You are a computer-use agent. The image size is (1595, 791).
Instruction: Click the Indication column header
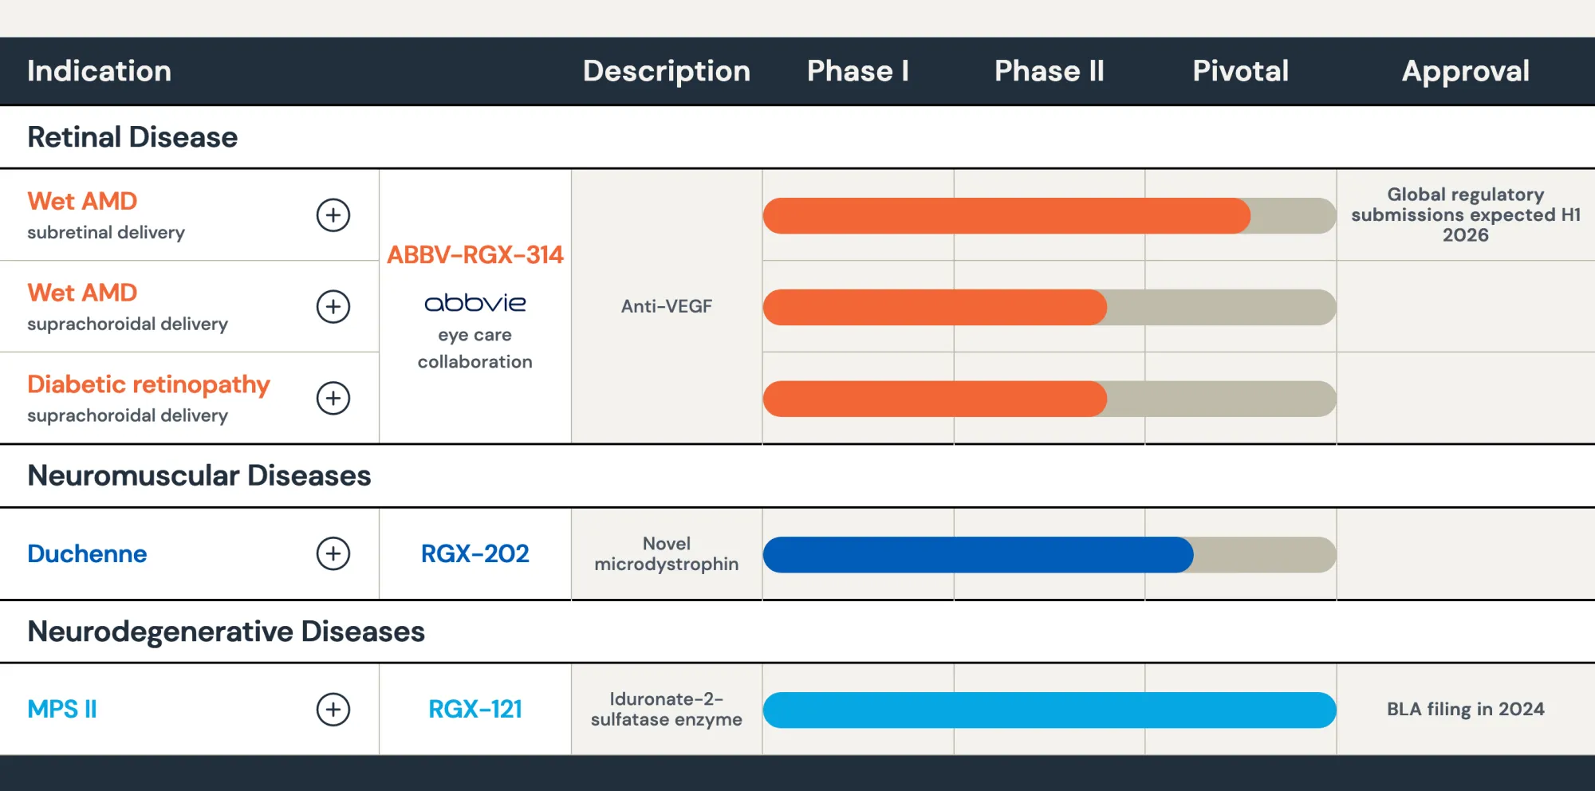99,71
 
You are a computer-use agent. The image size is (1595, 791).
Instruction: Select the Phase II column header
1049,71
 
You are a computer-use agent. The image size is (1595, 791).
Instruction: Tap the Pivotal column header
1240,71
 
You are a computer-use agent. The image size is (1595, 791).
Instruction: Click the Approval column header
1465,71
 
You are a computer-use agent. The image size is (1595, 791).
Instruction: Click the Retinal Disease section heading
132,137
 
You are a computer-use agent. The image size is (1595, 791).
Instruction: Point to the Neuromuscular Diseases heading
199,475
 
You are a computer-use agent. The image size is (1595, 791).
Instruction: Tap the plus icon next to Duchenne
333,553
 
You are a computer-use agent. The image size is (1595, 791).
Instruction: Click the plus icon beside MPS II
333,709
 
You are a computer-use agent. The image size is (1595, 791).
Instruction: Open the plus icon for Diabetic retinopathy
333,398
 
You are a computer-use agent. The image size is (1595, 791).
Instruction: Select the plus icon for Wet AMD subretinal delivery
333,214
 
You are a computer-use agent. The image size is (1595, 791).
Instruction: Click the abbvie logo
475,303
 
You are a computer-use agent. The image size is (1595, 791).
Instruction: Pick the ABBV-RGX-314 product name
475,254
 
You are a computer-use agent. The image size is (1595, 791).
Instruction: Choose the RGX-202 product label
475,553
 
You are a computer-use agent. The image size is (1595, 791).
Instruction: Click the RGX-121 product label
475,709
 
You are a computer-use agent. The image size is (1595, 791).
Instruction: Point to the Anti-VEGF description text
666,306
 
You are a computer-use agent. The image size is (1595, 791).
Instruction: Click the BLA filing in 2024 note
1465,709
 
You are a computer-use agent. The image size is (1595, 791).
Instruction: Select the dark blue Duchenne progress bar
977,554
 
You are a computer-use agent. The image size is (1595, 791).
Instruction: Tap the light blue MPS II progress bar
1049,710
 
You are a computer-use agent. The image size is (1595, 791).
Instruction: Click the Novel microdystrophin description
666,553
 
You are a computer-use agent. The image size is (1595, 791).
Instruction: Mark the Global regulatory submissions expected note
1465,214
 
